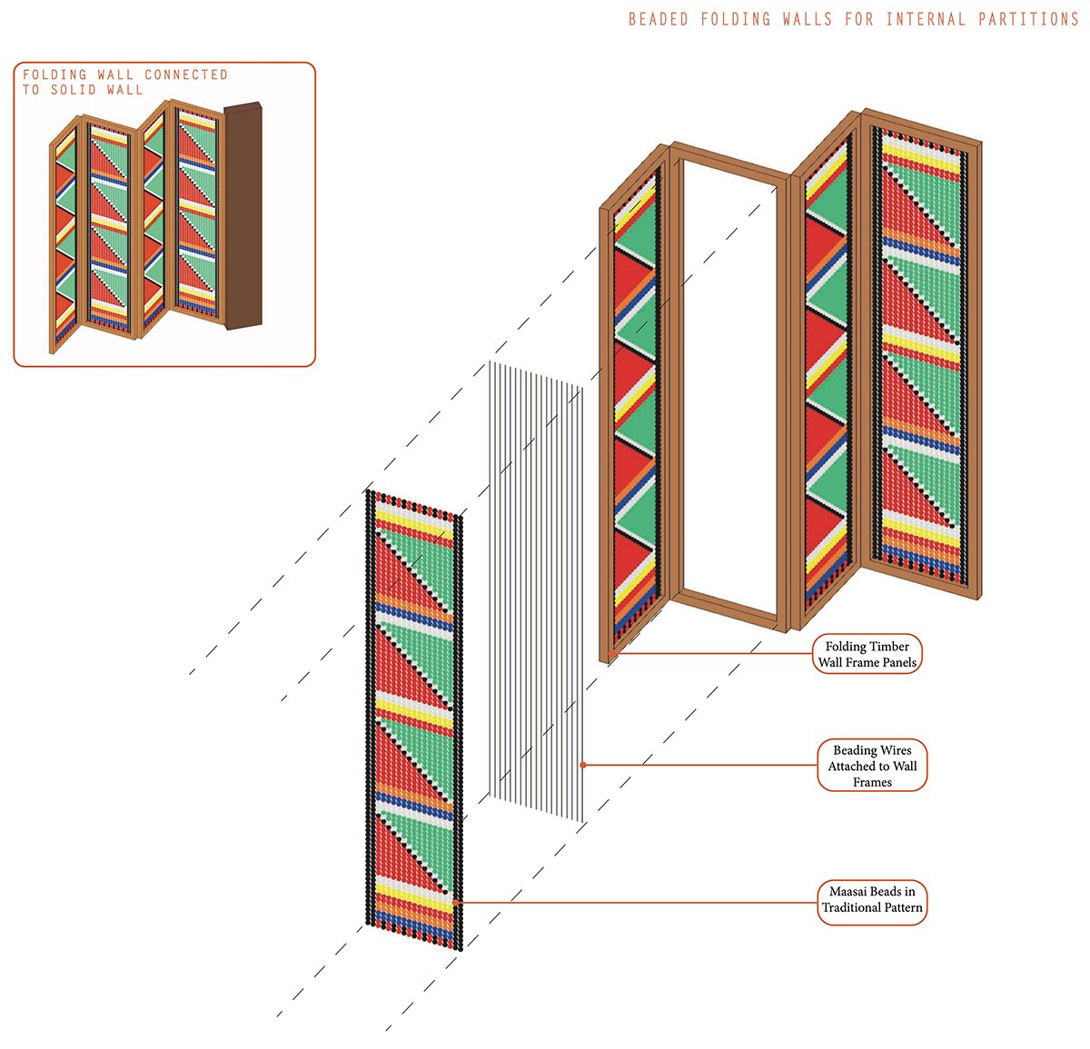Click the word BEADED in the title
click(x=658, y=19)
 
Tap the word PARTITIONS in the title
click(x=1028, y=19)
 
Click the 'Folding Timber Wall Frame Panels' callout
click(x=867, y=654)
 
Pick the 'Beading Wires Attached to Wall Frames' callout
click(x=872, y=766)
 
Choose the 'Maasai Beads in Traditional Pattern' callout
click(x=872, y=899)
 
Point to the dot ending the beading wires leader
click(x=583, y=766)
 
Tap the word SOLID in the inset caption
click(x=74, y=90)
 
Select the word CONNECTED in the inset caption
click(x=186, y=74)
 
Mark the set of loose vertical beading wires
click(x=536, y=590)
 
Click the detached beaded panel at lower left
click(x=414, y=717)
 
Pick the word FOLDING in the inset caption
click(x=54, y=74)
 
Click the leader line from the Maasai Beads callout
click(x=636, y=902)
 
